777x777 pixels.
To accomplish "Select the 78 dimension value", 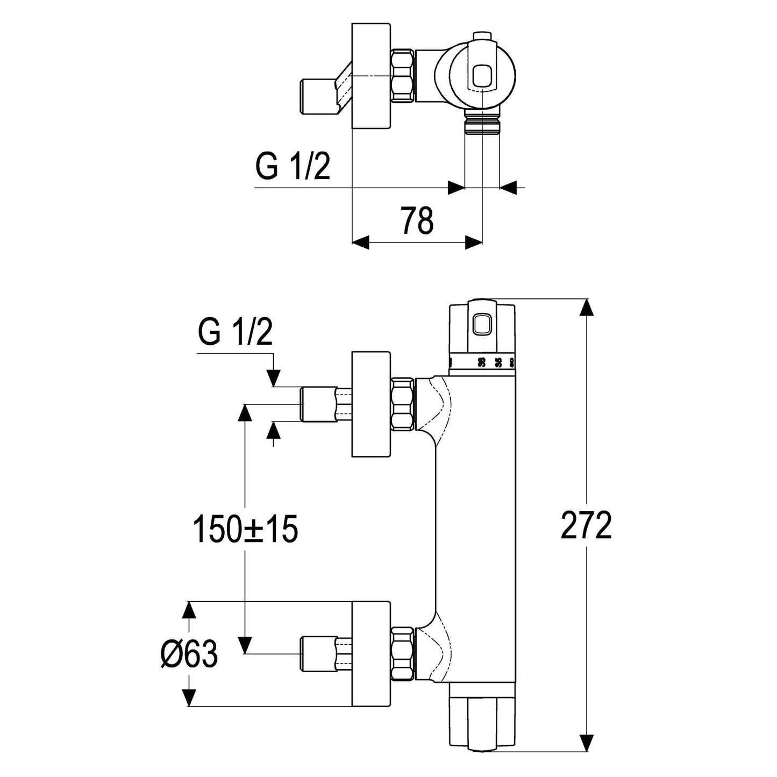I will tap(417, 220).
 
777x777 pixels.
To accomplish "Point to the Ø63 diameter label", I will tap(189, 654).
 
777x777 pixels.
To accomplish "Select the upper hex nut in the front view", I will tap(403, 404).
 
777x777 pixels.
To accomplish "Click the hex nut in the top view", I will tap(403, 75).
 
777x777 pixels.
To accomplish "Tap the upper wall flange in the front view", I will tap(371, 404).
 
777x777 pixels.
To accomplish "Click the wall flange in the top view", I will tap(371, 76).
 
